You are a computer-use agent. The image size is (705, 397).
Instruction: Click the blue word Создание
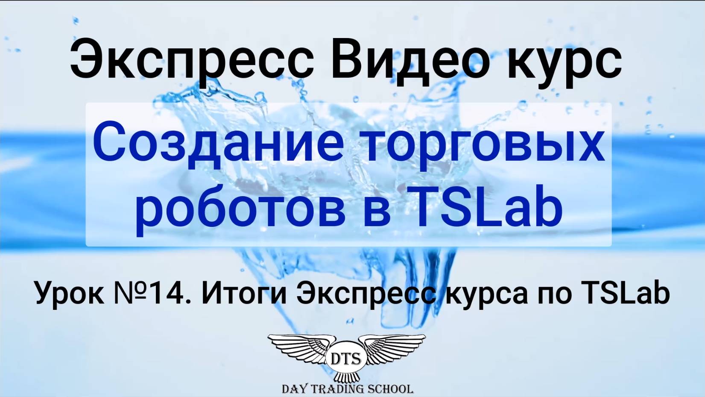[218, 143]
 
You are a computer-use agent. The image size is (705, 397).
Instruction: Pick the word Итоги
[244, 294]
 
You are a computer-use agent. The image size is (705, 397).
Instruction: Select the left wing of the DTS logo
[299, 348]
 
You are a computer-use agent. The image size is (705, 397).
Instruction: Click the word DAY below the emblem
[293, 389]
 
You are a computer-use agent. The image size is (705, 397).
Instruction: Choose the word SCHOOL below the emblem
[391, 389]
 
